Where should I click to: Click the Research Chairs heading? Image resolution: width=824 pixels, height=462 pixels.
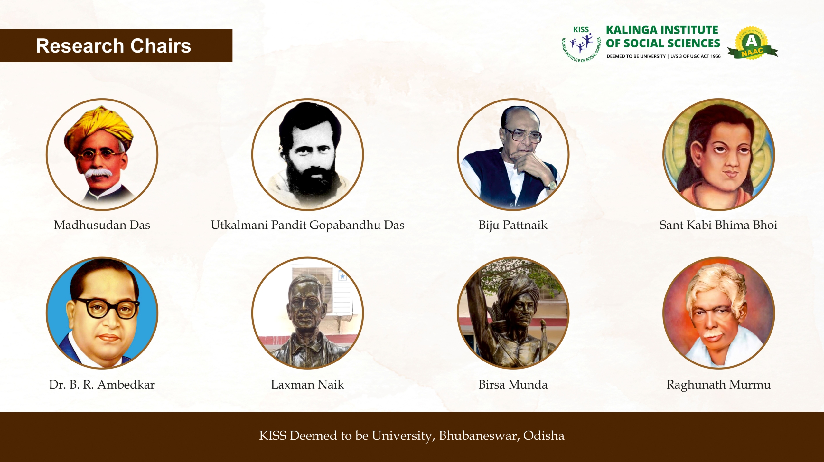[x=113, y=46]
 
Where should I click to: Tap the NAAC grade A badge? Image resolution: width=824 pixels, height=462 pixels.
[x=752, y=43]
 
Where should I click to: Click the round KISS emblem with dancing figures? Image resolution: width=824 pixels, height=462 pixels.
[x=581, y=44]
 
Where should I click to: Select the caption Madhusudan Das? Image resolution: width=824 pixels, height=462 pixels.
[x=102, y=225]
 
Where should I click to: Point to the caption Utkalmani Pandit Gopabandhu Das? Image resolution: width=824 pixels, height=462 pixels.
[x=307, y=225]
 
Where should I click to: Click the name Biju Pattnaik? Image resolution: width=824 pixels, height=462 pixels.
[x=513, y=225]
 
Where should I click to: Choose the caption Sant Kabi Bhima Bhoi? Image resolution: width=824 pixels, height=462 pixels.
[x=718, y=225]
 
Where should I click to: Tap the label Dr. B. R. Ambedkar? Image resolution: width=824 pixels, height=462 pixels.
[x=102, y=385]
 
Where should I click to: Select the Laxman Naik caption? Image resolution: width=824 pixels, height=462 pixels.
[x=307, y=385]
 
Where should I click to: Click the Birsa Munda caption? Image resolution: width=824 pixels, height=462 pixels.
[x=513, y=385]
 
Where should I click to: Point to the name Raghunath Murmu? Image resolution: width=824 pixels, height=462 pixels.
[x=718, y=385]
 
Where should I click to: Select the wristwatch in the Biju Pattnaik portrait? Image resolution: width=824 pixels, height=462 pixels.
[x=552, y=185]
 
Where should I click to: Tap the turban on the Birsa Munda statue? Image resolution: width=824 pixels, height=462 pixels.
[x=518, y=288]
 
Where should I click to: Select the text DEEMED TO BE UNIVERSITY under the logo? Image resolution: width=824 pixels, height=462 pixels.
[x=636, y=56]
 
